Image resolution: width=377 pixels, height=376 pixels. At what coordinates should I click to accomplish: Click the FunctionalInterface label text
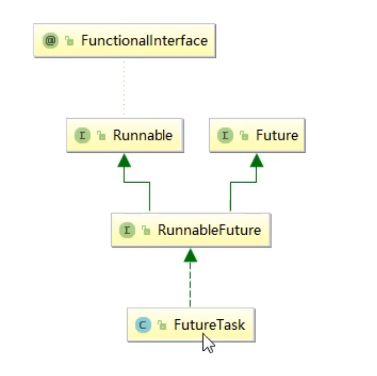point(144,41)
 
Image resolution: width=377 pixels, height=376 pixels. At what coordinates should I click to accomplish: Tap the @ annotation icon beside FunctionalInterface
point(51,41)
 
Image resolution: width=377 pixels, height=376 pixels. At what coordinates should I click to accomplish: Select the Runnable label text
point(143,136)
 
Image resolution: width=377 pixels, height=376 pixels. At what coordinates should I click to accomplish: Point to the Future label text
point(277,136)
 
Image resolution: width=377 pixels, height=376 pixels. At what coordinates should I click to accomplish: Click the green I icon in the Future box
point(226,136)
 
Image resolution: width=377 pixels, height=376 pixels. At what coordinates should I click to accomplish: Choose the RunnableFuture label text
point(209,231)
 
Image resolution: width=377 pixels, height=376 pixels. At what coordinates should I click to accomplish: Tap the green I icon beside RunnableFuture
point(127,231)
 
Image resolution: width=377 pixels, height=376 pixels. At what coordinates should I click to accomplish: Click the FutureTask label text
point(209,326)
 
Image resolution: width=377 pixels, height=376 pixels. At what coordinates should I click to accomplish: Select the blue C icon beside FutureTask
point(143,326)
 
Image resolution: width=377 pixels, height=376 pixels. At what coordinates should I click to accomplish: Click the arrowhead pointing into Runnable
point(124,160)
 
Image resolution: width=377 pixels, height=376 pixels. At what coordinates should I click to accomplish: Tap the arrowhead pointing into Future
point(257,160)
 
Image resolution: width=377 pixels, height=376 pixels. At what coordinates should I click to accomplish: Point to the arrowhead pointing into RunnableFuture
point(190,255)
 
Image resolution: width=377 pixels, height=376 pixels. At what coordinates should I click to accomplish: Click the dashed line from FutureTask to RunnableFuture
point(190,286)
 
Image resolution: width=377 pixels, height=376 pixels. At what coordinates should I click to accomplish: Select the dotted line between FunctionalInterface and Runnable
point(124,89)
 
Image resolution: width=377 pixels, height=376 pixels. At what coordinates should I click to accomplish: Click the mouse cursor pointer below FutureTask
point(208,343)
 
